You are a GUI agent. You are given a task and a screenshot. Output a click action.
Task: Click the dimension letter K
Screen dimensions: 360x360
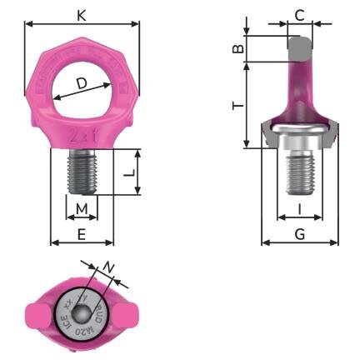point(81,15)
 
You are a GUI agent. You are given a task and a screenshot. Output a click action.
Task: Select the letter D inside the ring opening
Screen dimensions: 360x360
point(82,83)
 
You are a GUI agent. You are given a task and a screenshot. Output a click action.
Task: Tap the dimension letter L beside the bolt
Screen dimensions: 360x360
point(129,173)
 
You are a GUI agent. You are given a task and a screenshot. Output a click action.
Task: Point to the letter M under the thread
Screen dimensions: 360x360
point(81,207)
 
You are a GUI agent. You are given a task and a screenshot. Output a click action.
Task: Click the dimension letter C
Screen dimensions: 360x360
point(299,14)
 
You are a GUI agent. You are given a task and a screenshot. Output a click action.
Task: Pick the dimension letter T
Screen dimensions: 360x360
point(237,106)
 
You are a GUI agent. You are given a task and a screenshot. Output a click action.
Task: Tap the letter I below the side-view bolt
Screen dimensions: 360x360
point(299,207)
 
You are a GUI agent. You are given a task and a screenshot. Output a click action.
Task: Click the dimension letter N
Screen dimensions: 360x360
point(108,267)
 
